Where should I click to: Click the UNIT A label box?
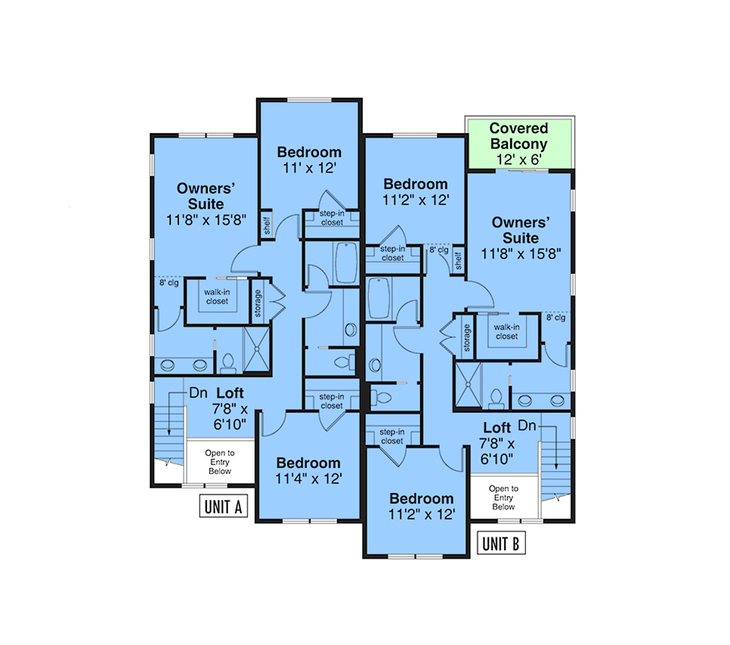tap(224, 507)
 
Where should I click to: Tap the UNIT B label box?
tap(501, 543)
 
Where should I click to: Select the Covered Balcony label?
tap(519, 135)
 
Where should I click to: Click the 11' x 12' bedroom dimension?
tap(309, 168)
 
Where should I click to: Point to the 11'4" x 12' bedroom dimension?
tap(309, 478)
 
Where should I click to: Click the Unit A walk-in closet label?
tap(217, 297)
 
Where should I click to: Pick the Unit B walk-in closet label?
tap(506, 332)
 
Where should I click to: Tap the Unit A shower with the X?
tap(256, 348)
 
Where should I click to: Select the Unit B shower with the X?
tap(468, 385)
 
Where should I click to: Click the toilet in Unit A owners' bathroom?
tap(228, 364)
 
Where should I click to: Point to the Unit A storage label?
tap(258, 303)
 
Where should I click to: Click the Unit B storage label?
tap(467, 338)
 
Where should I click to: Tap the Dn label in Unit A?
tap(199, 393)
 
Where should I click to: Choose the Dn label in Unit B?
tap(527, 425)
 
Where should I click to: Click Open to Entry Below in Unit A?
tap(220, 462)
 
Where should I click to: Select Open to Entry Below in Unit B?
tap(503, 497)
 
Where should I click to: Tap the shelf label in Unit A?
tap(266, 225)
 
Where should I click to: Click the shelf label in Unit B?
tap(458, 261)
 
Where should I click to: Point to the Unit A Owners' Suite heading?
tap(205, 196)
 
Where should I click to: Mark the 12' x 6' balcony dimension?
tap(519, 160)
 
